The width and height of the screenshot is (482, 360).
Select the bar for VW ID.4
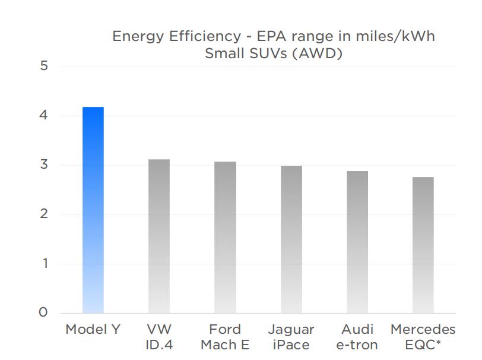click(x=158, y=236)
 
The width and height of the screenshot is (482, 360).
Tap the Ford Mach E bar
click(x=225, y=237)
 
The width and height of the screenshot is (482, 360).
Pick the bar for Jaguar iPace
click(x=291, y=239)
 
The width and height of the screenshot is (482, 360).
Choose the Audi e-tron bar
click(x=357, y=242)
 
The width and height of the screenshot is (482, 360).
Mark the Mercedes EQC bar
click(x=423, y=245)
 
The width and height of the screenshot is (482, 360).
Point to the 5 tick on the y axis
click(x=43, y=66)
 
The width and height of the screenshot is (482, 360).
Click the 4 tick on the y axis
click(x=43, y=115)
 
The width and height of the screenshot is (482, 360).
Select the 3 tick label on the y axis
click(x=43, y=165)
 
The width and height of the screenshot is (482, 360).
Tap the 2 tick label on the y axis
click(x=43, y=214)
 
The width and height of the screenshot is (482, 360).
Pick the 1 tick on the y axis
click(x=43, y=263)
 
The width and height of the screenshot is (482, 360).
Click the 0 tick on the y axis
click(x=43, y=312)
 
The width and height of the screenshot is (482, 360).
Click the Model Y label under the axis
click(x=93, y=330)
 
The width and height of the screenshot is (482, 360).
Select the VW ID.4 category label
click(x=158, y=337)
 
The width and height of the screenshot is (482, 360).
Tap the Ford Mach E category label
click(x=225, y=337)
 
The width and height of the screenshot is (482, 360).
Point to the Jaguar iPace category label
click(x=291, y=337)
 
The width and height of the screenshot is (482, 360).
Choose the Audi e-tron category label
click(x=357, y=337)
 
